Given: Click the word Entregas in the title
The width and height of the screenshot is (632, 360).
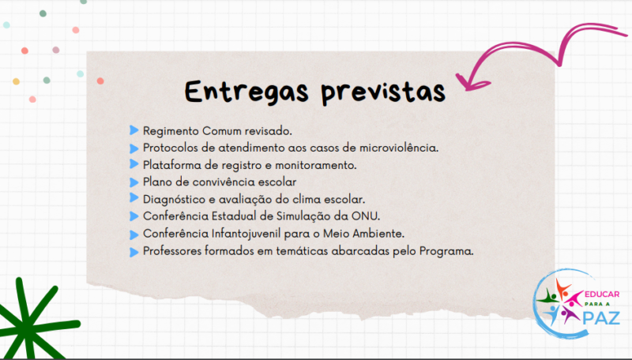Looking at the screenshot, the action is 246,92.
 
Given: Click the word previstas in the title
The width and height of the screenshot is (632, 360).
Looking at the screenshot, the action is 383,92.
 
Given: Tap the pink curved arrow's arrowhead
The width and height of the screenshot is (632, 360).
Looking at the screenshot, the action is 472,83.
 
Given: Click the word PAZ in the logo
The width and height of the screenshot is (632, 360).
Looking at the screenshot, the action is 601,318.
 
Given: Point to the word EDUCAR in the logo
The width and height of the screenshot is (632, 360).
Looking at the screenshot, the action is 602,294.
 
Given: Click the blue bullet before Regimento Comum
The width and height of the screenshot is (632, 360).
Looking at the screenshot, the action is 134,130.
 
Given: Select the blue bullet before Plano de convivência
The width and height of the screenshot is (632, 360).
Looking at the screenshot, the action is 134,182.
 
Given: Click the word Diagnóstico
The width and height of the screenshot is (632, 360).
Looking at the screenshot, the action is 174,199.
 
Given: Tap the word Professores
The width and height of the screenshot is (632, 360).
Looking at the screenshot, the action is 172,251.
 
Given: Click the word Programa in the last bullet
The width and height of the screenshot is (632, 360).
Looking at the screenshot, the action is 446,251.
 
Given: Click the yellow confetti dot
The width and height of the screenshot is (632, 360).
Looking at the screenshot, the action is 16,81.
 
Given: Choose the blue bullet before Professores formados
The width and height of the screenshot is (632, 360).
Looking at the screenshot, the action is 134,252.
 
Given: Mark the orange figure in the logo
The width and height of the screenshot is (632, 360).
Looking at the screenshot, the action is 562,288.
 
